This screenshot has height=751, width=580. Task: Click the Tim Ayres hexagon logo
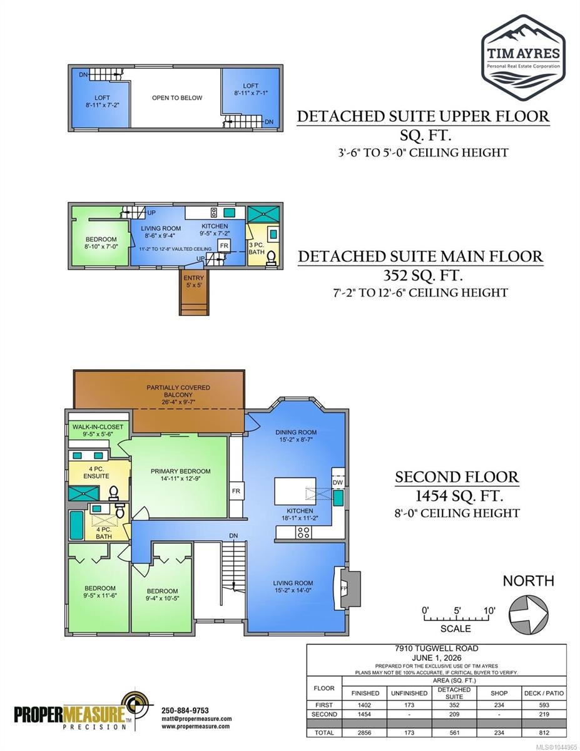coord(523,58)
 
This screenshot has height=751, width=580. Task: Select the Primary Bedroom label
coord(180,471)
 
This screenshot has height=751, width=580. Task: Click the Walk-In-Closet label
coord(98,426)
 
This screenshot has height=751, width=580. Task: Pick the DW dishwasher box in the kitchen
coord(338,483)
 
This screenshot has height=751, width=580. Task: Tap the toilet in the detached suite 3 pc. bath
coord(271,258)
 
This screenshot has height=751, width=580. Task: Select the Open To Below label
coord(177,98)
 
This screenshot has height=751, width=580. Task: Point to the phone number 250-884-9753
coord(185,710)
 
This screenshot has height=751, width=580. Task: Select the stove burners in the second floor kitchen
coord(303,533)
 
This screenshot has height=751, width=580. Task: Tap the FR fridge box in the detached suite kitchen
coord(224,246)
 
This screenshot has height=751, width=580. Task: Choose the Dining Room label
coord(296,432)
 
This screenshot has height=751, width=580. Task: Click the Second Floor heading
coord(457,477)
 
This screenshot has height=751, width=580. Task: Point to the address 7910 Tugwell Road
coord(436,649)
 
